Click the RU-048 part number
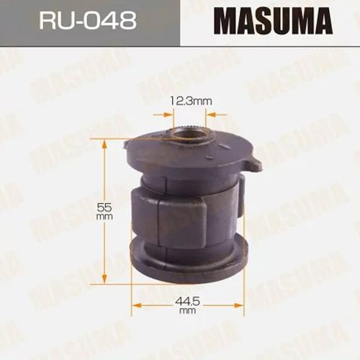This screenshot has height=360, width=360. (88, 21)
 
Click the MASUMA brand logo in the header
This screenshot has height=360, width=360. (274, 21)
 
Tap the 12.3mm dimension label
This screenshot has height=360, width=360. (191, 102)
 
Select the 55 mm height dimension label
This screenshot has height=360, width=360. (104, 211)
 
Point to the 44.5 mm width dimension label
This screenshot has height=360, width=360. (187, 305)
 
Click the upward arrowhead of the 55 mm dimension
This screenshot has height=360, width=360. (104, 145)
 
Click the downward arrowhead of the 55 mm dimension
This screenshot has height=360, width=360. (104, 279)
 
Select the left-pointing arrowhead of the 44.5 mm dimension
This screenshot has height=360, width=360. (137, 305)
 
